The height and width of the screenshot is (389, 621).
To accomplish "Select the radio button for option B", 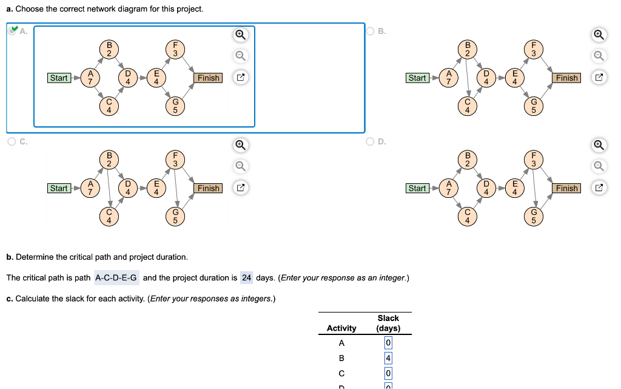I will (x=371, y=32).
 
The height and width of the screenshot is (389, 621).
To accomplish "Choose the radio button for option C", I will (x=12, y=142).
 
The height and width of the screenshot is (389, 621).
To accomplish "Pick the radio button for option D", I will (x=371, y=142).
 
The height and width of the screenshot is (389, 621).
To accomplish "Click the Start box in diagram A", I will (x=59, y=78).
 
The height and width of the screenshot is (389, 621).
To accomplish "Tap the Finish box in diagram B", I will (x=566, y=78).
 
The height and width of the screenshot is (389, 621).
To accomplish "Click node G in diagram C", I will (x=175, y=216).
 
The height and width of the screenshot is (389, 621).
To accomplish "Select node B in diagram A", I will (x=109, y=49).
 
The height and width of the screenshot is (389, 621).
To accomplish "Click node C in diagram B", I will (x=468, y=106).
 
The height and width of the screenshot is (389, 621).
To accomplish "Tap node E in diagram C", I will (x=156, y=188).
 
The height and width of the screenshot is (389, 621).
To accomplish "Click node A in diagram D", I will (x=449, y=188).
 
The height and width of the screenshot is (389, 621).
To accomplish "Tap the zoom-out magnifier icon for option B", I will (x=599, y=56).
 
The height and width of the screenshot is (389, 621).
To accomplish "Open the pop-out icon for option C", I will (x=240, y=188).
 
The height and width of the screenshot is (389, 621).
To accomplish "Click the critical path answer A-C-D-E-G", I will (x=116, y=278).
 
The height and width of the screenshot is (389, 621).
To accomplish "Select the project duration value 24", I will (x=246, y=278).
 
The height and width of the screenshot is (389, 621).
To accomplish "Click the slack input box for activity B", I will (x=388, y=357).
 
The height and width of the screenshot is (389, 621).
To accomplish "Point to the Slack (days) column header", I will (x=388, y=323).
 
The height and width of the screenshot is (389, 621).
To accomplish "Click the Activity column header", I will (x=341, y=328).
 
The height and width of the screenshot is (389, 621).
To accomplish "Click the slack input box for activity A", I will (x=388, y=343).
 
